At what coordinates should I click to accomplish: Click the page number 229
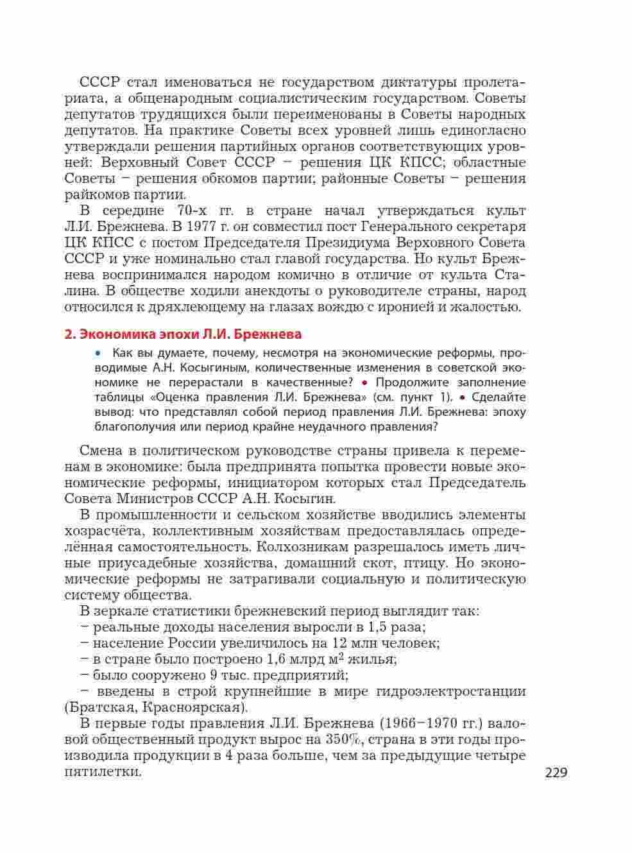pos(556,773)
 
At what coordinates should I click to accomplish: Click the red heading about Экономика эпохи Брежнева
pos(183,334)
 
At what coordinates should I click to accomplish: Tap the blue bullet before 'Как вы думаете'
pos(98,352)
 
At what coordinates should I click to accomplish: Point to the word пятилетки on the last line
pos(102,771)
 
